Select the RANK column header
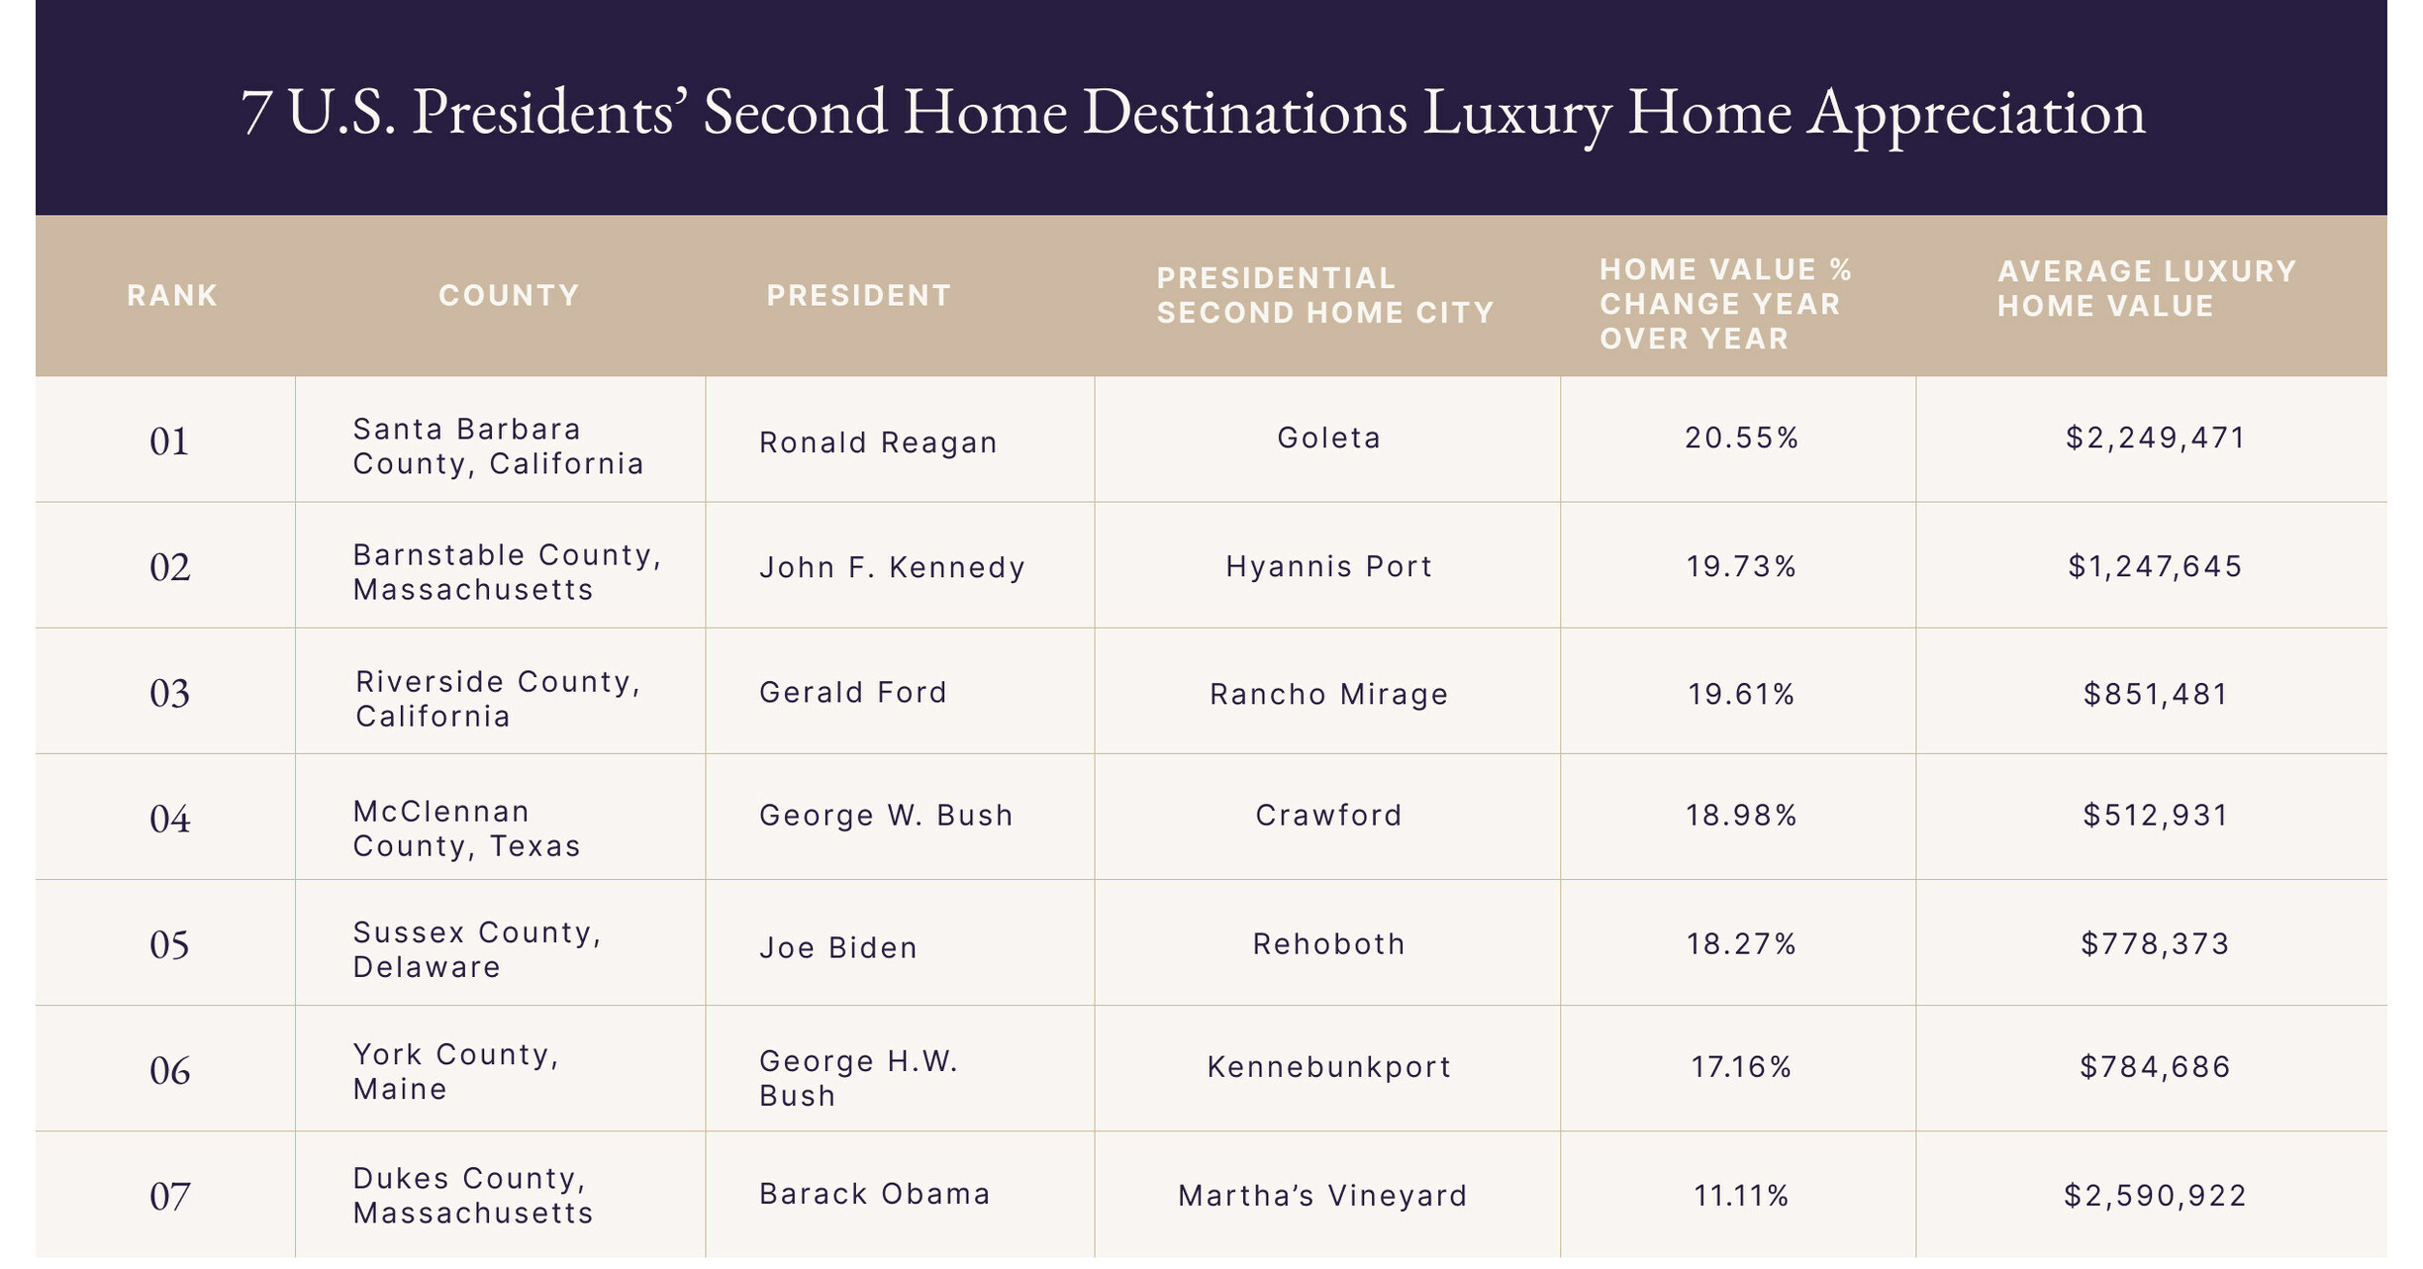[171, 295]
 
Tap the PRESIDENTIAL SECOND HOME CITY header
[1324, 295]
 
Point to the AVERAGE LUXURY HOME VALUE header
[2146, 288]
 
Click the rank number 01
[169, 441]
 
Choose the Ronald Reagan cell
[878, 442]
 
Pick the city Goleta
[1328, 438]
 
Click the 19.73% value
[1741, 566]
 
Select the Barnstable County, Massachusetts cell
[507, 572]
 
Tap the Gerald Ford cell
[853, 692]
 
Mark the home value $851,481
[2155, 694]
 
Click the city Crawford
[1328, 815]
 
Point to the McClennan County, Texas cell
[466, 829]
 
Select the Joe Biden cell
[838, 947]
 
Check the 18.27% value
[1741, 943]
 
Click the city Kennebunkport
[1328, 1066]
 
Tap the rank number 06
[169, 1071]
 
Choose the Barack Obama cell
[874, 1194]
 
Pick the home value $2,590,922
[2155, 1196]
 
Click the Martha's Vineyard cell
[1322, 1196]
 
